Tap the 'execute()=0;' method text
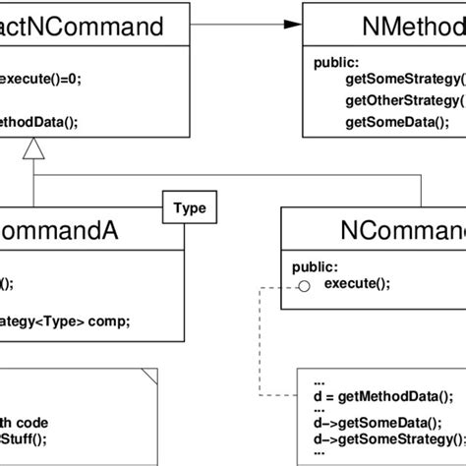pos(41,81)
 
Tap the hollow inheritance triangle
pos(33,150)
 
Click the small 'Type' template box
pos(189,208)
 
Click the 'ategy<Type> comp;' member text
pos(65,320)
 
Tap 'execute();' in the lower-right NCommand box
pos(357,284)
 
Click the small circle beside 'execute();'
pos(305,285)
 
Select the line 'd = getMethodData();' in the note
pos(380,397)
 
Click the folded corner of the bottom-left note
pos(149,375)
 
